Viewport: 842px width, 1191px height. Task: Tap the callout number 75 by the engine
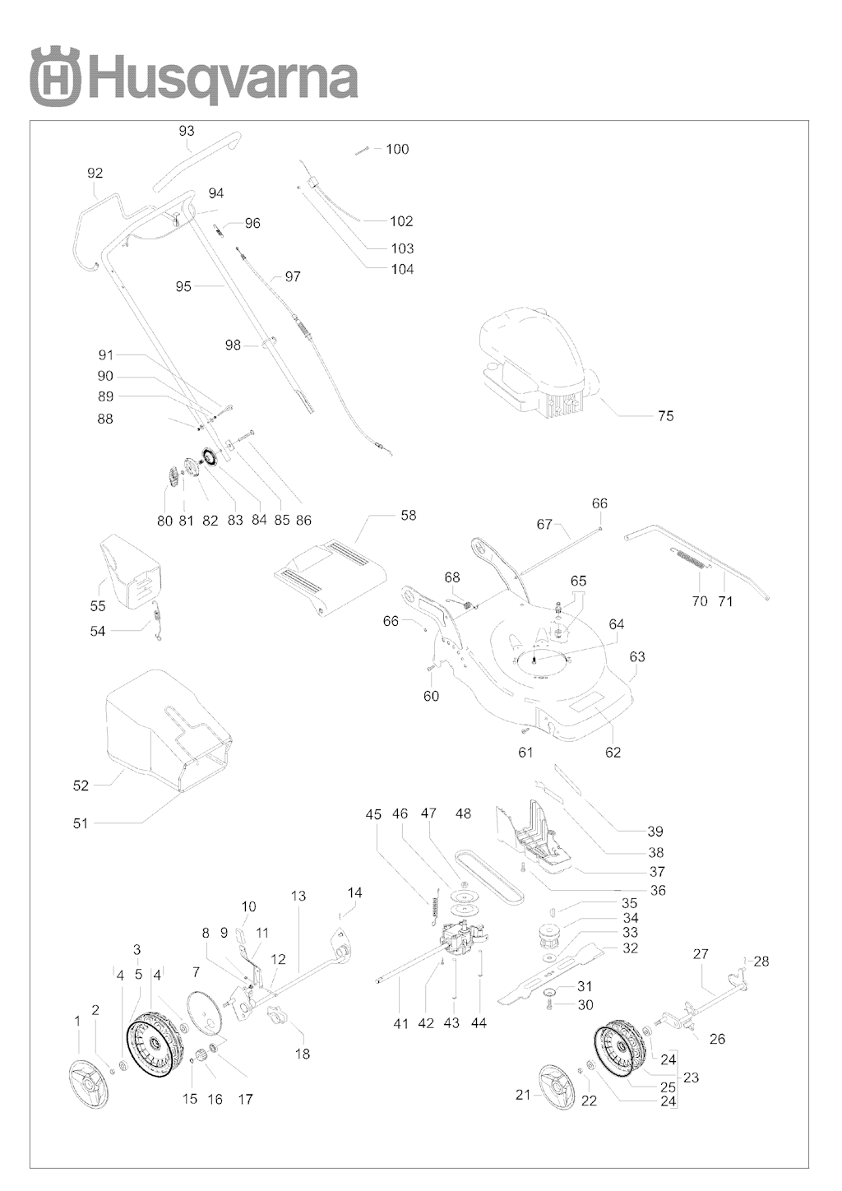coord(665,416)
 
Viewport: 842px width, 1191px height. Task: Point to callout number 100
coord(397,150)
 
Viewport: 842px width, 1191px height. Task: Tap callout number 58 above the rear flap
coord(408,516)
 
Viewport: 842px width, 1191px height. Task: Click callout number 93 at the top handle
coord(187,131)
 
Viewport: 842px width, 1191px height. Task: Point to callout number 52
coord(81,786)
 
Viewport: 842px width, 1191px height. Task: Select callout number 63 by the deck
coord(637,657)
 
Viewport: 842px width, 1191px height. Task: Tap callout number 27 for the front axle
coord(701,955)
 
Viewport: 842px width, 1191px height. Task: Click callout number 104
coord(402,270)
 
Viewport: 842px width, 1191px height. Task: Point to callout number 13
coord(298,896)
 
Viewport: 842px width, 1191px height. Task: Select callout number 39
coord(655,832)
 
